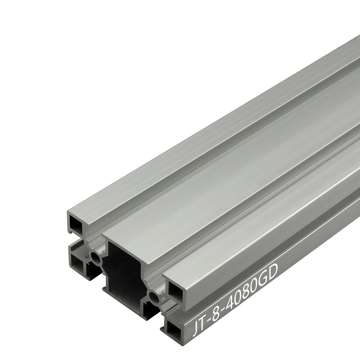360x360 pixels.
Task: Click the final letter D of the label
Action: pos(275,271)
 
